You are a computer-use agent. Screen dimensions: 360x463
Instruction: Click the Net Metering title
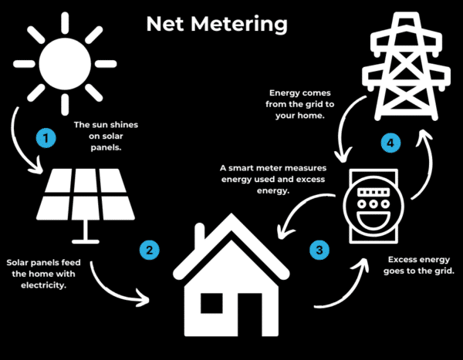click(x=217, y=24)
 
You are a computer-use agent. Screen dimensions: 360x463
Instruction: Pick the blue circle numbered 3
click(x=319, y=250)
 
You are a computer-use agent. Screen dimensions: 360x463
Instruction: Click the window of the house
click(x=211, y=304)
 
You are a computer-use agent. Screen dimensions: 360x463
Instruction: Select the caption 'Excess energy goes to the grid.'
click(x=420, y=267)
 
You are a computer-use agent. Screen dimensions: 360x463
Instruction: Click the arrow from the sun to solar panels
click(x=23, y=143)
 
